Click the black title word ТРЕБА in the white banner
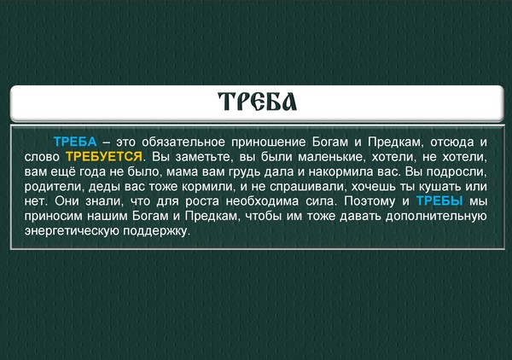pos(258,102)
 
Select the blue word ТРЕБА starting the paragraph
pos(75,142)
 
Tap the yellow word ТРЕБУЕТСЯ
pos(104,157)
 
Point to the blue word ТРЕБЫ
pos(439,201)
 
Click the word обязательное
pos(183,142)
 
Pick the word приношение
pos(269,142)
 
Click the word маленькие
pos(330,157)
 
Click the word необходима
pos(262,201)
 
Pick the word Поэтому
pos(369,201)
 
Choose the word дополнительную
pos(436,217)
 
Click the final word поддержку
pos(156,231)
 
